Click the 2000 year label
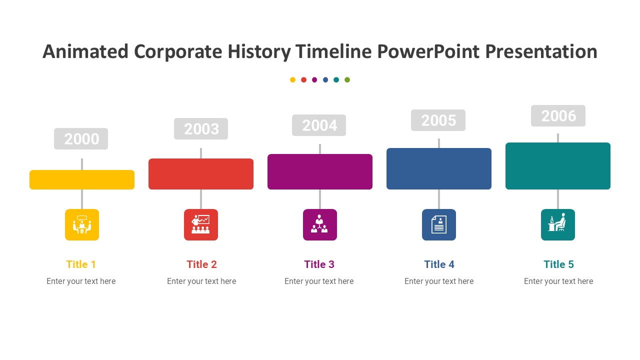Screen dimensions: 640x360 pyautogui.click(x=81, y=138)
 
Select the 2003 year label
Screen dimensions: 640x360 pyautogui.click(x=201, y=129)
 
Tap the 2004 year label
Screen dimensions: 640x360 pyautogui.click(x=319, y=125)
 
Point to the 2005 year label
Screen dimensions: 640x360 pyautogui.click(x=438, y=120)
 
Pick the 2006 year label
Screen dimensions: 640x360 pyautogui.click(x=558, y=115)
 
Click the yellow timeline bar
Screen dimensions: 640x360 pyautogui.click(x=82, y=179)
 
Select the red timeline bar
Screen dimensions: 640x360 pyautogui.click(x=201, y=174)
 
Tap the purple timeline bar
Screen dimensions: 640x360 pyautogui.click(x=320, y=171)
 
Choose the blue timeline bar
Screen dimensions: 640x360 pyautogui.click(x=439, y=168)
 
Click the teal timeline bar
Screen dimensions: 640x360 pyautogui.click(x=558, y=166)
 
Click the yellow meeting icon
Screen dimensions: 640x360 pyautogui.click(x=82, y=224)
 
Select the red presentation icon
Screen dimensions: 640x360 pyautogui.click(x=201, y=224)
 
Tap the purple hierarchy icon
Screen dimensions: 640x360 pyautogui.click(x=320, y=224)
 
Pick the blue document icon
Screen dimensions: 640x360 pyautogui.click(x=439, y=224)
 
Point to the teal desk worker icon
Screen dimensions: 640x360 pyautogui.click(x=558, y=224)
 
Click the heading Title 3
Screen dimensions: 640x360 pyautogui.click(x=319, y=264)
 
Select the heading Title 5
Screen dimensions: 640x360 pyautogui.click(x=558, y=264)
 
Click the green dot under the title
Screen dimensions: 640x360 pyautogui.click(x=347, y=79)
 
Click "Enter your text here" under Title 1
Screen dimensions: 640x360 pyautogui.click(x=81, y=281)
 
